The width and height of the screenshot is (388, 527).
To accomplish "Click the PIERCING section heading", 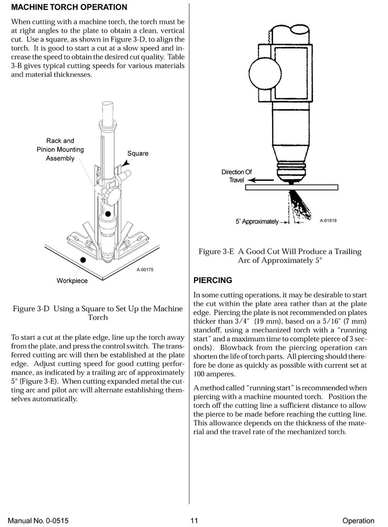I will (x=213, y=280).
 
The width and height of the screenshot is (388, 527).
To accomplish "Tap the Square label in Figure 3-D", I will (x=138, y=153).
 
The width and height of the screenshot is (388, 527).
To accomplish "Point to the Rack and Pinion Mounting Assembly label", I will (x=60, y=150).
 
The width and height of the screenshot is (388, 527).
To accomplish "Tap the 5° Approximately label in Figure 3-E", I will (x=257, y=222).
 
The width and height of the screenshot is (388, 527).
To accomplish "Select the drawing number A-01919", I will (x=328, y=220).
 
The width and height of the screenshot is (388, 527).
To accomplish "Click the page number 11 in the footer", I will (x=194, y=521).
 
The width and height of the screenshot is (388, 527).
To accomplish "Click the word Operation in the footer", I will (x=358, y=521).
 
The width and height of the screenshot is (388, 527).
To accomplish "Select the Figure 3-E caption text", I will (x=280, y=256).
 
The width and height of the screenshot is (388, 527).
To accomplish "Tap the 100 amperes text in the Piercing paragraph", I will (x=215, y=373).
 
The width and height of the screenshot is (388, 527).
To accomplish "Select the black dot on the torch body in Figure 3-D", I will (x=109, y=214).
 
